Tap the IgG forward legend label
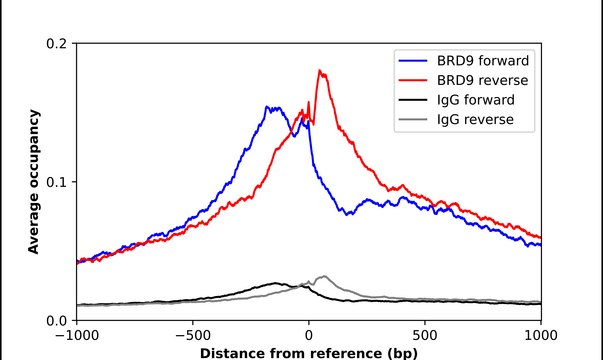476,100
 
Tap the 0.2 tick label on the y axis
56,44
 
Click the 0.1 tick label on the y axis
56,182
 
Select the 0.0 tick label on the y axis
56,320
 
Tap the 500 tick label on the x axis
425,335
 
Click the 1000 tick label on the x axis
541,335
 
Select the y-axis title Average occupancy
33,182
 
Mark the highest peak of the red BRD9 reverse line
319,70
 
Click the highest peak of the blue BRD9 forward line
268,107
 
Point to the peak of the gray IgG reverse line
323,276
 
